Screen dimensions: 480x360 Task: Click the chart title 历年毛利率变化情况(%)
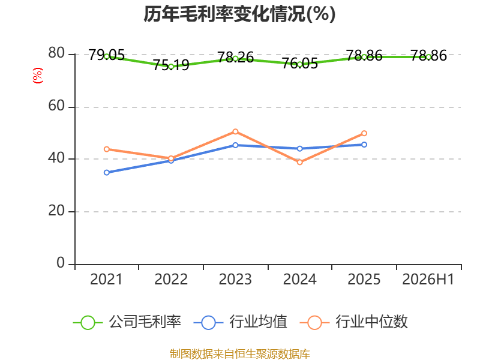(239, 14)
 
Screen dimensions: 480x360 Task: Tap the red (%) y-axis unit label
(38, 76)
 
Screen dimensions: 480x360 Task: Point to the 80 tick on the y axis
(56, 53)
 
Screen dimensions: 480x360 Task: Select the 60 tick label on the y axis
(56, 106)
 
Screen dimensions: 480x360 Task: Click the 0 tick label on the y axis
(61, 263)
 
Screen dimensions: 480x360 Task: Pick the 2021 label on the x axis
(106, 279)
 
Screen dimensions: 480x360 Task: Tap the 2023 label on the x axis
(235, 279)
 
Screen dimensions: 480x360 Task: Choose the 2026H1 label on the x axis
(428, 279)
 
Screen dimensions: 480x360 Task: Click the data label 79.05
(107, 55)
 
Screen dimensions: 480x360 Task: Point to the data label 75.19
(171, 65)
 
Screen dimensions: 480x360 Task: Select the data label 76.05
(299, 64)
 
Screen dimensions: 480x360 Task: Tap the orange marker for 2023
(235, 131)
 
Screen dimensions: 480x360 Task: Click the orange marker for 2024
(299, 162)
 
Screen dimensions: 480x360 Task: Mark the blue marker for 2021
(107, 173)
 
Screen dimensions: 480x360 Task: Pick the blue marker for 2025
(364, 145)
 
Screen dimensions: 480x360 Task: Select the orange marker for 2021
(107, 149)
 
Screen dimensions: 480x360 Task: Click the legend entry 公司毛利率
(127, 322)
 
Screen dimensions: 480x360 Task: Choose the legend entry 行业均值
(241, 322)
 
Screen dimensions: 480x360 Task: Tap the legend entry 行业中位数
(354, 322)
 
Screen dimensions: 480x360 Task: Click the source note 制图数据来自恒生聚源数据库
(240, 354)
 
